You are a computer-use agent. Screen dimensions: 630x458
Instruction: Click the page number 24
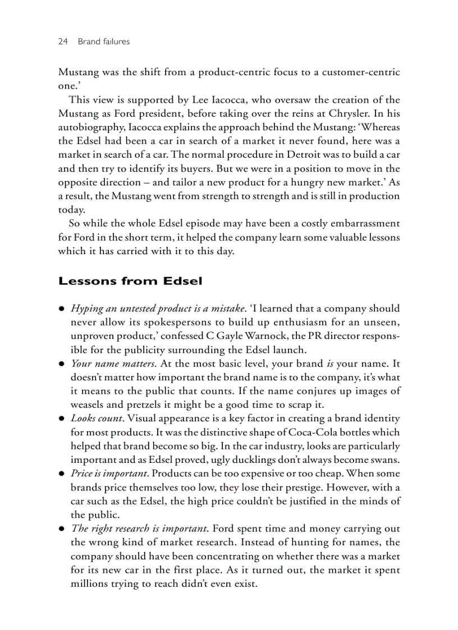(63, 41)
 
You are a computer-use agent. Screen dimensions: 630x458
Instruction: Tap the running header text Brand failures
(104, 41)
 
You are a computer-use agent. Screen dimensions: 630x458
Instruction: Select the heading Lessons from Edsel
(130, 281)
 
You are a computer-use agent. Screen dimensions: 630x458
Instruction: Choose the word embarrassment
(359, 223)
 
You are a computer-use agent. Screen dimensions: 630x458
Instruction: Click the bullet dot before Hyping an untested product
(62, 309)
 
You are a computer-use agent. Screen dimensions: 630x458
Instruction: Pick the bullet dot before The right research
(62, 529)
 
